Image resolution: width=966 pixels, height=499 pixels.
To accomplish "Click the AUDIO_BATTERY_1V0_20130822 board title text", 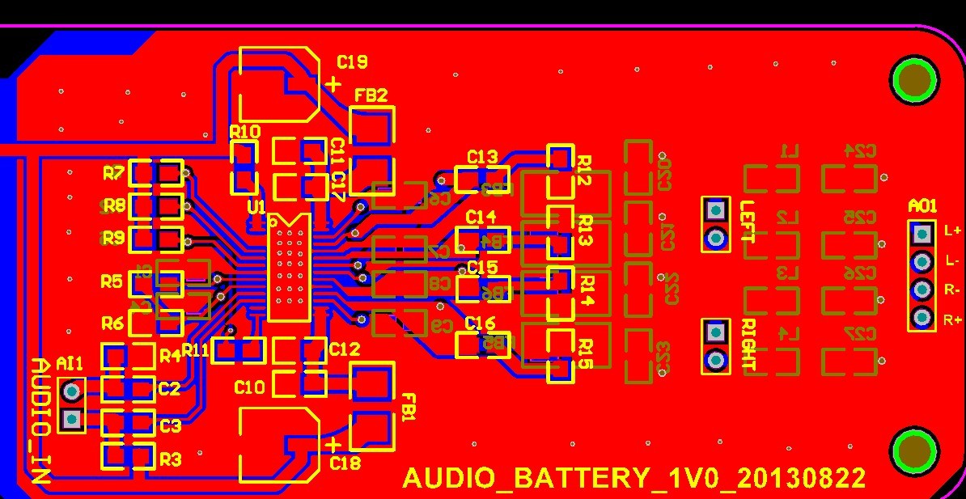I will click(634, 477).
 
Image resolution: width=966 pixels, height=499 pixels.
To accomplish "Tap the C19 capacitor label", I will click(352, 62).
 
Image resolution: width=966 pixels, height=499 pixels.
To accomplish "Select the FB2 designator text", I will click(371, 95).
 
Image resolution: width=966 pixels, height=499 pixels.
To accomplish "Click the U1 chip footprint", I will click(289, 267).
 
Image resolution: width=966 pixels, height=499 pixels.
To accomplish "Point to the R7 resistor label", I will click(114, 173).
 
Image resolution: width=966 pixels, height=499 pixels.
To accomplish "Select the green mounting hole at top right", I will click(914, 79).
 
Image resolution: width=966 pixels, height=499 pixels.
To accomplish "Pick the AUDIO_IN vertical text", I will click(41, 421).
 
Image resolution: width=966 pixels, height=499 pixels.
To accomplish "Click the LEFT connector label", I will click(748, 222).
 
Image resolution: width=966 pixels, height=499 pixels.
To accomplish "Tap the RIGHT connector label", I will click(748, 345).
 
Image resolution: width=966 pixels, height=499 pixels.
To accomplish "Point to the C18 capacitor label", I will click(345, 463).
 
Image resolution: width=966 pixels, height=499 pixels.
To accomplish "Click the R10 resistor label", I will click(244, 132).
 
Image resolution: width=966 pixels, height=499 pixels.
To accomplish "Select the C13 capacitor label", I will click(482, 157).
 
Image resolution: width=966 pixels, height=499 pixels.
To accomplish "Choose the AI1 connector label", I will click(70, 365).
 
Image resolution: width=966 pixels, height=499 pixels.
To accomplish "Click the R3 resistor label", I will click(170, 459).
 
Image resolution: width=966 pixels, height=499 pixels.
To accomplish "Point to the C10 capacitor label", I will click(249, 387).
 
